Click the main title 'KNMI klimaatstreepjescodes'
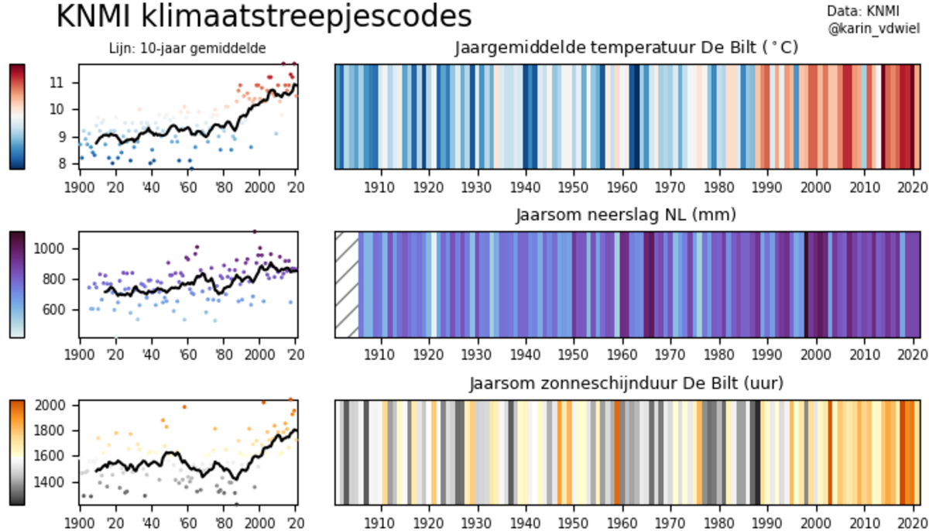click(x=263, y=17)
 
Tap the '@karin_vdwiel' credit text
click(x=874, y=29)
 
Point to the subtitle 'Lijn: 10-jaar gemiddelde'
click(x=188, y=49)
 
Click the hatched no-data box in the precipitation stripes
click(x=347, y=285)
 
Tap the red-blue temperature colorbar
click(x=17, y=116)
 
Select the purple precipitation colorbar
click(x=17, y=284)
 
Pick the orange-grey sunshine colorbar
click(x=17, y=452)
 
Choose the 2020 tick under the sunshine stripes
click(x=912, y=521)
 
